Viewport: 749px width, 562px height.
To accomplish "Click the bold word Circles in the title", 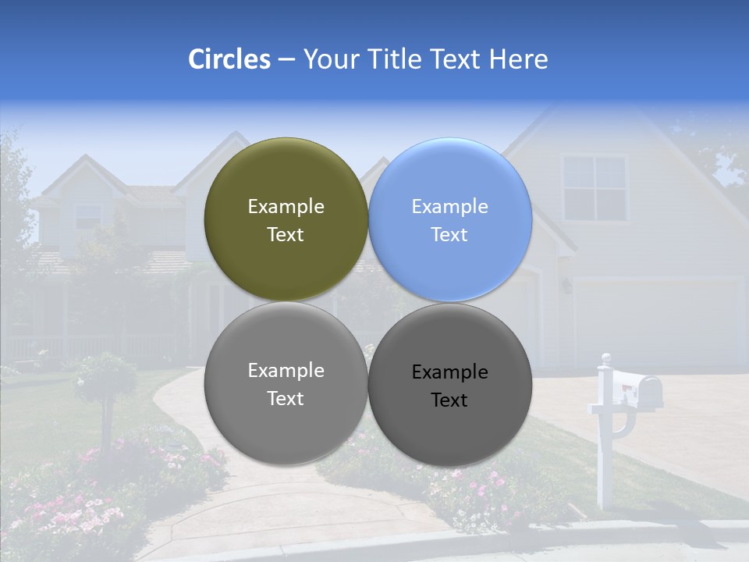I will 229,59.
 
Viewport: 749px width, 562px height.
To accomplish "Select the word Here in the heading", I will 518,59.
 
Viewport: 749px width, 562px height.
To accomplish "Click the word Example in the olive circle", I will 286,207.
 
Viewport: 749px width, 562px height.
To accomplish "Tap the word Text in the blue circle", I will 449,235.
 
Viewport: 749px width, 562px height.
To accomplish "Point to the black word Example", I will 449,372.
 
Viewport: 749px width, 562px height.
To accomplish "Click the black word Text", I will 449,400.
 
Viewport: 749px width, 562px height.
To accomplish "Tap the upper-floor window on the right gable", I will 595,187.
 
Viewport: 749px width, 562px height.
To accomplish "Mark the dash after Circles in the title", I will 286,60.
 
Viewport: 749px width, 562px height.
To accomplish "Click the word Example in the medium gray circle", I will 286,371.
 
